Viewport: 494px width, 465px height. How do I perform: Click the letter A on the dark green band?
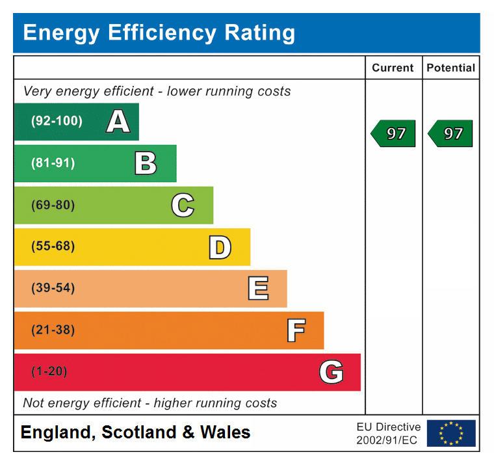[118, 122]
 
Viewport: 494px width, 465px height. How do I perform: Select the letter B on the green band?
[146, 163]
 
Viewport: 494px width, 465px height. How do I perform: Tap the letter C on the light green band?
[183, 205]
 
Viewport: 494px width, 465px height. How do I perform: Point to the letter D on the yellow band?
[220, 247]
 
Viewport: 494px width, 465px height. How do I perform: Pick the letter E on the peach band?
[258, 288]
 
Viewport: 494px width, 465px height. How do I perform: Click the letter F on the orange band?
[296, 330]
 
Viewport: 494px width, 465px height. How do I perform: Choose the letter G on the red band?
[331, 372]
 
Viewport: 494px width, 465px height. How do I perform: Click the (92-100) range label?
[57, 121]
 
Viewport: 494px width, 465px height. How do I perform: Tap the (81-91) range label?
[53, 163]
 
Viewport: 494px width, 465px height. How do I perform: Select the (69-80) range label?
[53, 205]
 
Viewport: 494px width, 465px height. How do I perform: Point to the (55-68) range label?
[53, 246]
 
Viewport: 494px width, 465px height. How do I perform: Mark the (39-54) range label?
[53, 288]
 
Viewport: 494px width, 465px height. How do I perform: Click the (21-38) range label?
[53, 330]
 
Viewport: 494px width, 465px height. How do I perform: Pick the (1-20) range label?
[49, 371]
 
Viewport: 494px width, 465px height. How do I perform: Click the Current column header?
[393, 68]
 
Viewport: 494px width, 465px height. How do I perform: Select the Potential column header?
[450, 68]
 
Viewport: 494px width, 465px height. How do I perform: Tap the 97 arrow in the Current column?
[394, 133]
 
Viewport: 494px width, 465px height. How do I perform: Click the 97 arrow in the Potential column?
[451, 133]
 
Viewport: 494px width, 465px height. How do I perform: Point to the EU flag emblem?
[451, 433]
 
